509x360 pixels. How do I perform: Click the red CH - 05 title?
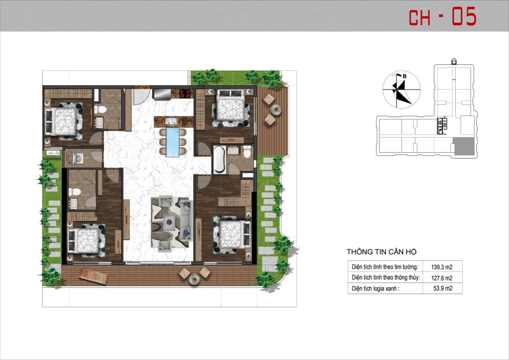(442, 17)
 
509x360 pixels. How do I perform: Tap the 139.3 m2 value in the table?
(442, 267)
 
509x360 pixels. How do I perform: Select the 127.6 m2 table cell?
(442, 278)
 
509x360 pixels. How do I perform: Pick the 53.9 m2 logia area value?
(443, 288)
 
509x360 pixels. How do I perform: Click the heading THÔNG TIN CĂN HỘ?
(381, 251)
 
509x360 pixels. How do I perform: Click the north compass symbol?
(402, 89)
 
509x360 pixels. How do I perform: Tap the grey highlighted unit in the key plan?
(464, 146)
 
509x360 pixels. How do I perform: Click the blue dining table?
(173, 142)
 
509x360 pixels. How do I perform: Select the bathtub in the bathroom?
(219, 159)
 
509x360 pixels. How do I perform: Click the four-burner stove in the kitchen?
(185, 93)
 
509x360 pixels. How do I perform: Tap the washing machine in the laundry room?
(78, 159)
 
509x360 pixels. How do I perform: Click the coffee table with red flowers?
(170, 222)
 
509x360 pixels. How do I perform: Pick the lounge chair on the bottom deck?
(93, 276)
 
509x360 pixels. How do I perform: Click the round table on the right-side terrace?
(277, 110)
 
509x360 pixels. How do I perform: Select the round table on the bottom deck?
(194, 279)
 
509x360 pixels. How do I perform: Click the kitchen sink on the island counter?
(171, 121)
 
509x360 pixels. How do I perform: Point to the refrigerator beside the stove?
(162, 93)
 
